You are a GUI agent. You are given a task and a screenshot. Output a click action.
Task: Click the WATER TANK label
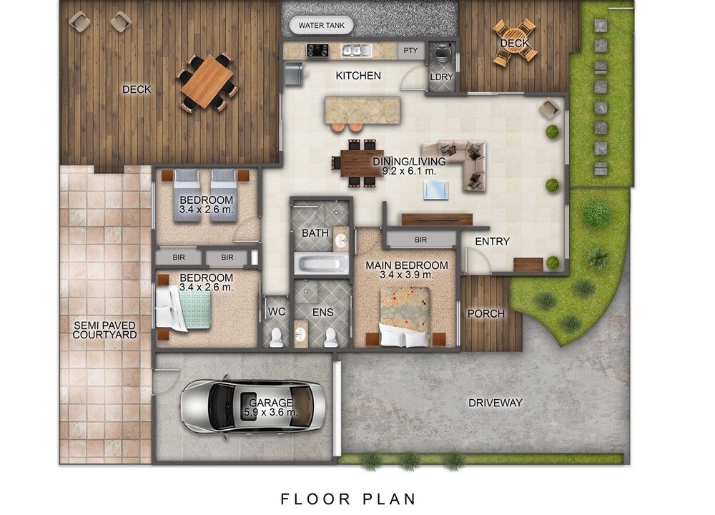(322, 26)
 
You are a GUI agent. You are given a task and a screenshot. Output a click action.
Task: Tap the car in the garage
(253, 406)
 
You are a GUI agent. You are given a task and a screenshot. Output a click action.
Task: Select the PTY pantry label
(410, 51)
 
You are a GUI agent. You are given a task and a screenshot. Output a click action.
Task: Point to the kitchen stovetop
(317, 50)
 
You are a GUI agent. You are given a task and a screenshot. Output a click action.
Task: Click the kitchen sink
(357, 50)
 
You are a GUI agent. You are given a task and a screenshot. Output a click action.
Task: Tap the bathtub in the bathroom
(322, 264)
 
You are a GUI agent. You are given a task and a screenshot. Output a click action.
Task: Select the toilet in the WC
(276, 338)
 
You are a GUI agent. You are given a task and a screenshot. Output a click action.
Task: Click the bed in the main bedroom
(405, 316)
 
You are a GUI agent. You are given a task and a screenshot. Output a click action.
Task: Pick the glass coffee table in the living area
(436, 190)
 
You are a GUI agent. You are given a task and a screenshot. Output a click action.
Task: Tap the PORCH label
(486, 314)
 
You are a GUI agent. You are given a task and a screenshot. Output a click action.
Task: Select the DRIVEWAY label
(495, 403)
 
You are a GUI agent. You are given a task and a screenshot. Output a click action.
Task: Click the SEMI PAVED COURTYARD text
(105, 330)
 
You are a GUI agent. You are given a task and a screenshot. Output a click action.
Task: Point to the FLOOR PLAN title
(348, 499)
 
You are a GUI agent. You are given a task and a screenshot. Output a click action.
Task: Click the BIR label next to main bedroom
(421, 240)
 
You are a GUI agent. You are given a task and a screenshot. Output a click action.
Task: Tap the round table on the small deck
(515, 41)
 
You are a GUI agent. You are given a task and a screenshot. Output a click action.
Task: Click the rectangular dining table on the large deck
(207, 82)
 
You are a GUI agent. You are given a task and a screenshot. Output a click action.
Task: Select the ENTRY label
(493, 241)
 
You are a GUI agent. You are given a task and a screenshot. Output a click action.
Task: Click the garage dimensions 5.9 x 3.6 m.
(271, 413)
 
